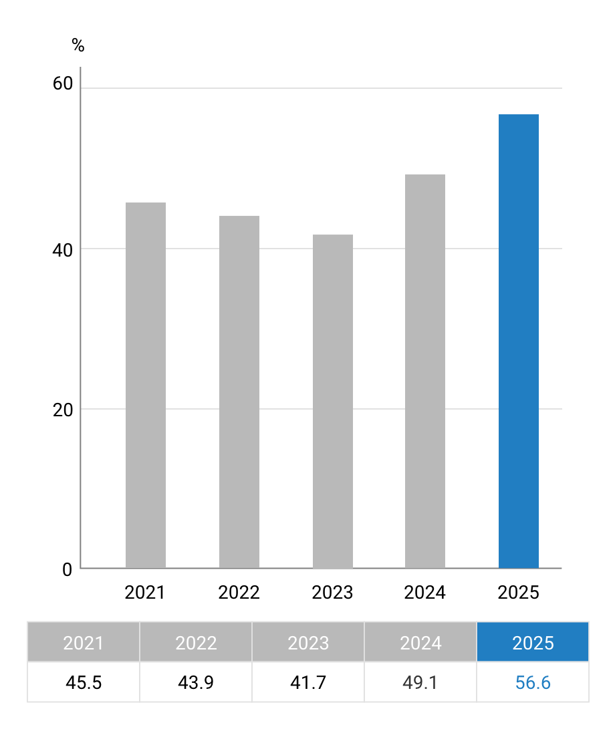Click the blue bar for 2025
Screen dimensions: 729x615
point(519,341)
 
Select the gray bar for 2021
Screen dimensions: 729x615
point(146,385)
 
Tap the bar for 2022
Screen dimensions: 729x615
point(239,392)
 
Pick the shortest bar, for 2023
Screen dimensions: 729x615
point(333,401)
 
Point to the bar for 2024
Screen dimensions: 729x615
point(425,371)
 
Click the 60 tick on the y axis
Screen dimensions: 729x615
point(62,84)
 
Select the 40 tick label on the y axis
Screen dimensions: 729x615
point(62,250)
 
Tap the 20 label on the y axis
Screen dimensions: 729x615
point(62,410)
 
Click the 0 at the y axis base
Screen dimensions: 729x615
point(67,570)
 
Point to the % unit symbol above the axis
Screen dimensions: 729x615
point(78,45)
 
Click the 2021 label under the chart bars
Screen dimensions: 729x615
point(145,593)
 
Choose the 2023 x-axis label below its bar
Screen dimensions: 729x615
point(332,593)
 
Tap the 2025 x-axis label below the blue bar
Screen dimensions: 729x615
point(519,593)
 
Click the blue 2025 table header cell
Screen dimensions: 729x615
point(533,643)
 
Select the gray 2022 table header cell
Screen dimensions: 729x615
point(196,643)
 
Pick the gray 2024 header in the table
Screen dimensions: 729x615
point(420,643)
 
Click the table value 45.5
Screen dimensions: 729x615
point(84,682)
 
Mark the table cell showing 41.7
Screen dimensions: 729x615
point(308,682)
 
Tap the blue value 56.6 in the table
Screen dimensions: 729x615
point(533,682)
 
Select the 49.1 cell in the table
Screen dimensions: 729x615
point(420,682)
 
